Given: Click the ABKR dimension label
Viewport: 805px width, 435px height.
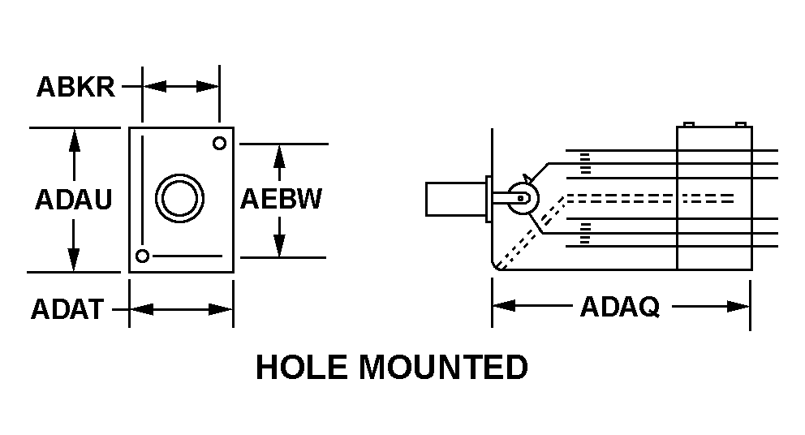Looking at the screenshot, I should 75,88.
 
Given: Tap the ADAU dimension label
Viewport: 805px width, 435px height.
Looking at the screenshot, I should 73,200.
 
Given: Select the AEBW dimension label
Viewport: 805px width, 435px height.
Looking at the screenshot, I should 281,200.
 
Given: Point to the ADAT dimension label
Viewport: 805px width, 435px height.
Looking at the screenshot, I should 67,309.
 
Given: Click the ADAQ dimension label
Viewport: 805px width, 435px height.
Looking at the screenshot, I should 619,307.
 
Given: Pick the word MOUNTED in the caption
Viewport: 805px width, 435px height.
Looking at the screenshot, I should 443,368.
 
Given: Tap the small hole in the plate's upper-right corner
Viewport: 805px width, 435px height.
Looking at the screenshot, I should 218,144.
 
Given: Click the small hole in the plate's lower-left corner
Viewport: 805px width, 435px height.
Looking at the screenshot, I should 143,256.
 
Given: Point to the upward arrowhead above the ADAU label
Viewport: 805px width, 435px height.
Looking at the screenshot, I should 74,140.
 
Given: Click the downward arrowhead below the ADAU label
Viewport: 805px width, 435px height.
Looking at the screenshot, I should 74,260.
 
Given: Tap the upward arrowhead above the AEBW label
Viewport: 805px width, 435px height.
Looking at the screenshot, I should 280,156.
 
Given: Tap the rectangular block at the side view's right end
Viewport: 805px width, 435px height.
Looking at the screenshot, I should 714,198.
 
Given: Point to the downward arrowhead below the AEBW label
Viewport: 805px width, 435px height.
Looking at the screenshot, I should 280,245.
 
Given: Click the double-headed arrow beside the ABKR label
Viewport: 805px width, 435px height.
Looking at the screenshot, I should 181,86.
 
